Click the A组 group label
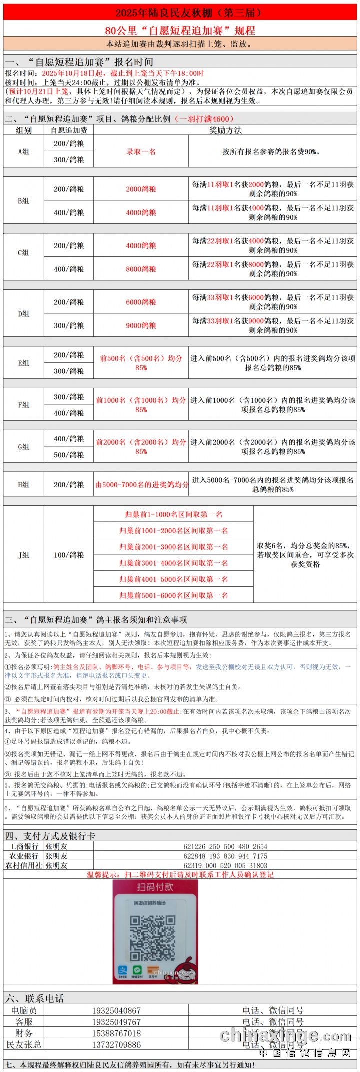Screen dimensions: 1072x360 pos(24,151)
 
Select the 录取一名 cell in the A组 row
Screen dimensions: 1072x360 pos(141,151)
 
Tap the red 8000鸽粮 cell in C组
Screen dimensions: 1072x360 pos(141,269)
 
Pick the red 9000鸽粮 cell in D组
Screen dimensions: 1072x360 pos(141,325)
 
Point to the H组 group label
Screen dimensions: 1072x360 pos(24,484)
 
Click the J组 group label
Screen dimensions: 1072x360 pos(24,555)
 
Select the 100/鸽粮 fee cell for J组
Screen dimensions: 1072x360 pos(69,555)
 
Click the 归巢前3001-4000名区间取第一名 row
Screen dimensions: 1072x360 pos(173,563)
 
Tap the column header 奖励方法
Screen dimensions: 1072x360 pos(225,130)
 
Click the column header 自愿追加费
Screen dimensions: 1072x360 pos(69,130)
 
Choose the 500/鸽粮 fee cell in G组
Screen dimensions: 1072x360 pos(69,455)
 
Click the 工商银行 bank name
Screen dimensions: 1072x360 pos(24,846)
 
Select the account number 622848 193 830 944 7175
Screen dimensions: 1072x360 pos(225,856)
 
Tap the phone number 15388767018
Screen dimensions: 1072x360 pos(116,1033)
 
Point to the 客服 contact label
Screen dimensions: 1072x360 pos(24,1022)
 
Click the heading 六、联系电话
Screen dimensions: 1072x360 pos(35,998)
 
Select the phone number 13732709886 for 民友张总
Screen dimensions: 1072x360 pos(116,1044)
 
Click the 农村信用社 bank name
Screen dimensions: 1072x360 pos(24,865)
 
